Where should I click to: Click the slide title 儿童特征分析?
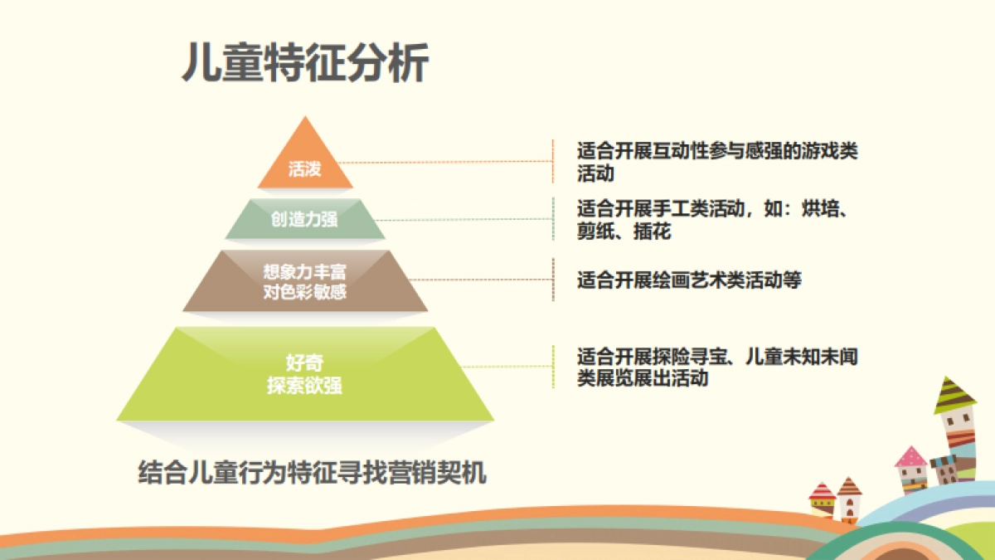tap(305, 64)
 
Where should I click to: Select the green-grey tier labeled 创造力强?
tap(304, 219)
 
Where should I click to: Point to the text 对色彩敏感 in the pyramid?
tap(304, 292)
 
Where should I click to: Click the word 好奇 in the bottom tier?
tap(304, 363)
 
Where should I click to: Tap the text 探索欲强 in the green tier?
tap(304, 386)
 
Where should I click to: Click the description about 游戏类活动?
tap(717, 162)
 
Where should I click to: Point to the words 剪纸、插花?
tap(624, 232)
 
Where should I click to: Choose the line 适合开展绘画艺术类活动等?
tap(689, 280)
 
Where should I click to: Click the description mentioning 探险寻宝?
tap(717, 367)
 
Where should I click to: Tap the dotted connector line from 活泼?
tap(448, 163)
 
